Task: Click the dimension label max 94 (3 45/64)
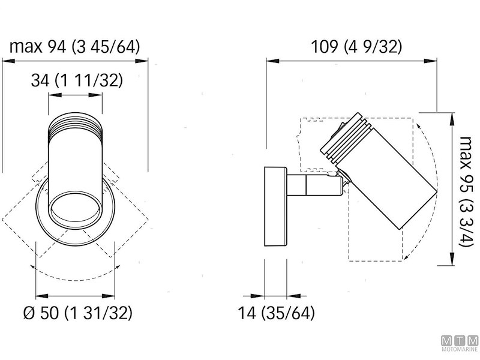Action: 75,47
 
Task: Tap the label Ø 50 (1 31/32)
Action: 76,313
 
